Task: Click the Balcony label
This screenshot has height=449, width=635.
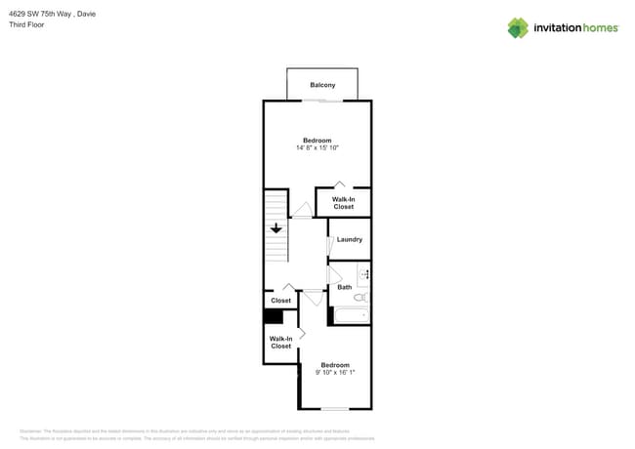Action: pyautogui.click(x=322, y=85)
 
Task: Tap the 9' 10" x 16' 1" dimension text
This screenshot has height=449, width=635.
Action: pyautogui.click(x=334, y=372)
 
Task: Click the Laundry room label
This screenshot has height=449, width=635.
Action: pyautogui.click(x=349, y=239)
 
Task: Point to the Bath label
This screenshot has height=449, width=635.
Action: pyautogui.click(x=344, y=287)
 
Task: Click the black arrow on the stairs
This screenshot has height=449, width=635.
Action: pyautogui.click(x=276, y=227)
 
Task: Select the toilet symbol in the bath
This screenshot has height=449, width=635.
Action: pyautogui.click(x=360, y=297)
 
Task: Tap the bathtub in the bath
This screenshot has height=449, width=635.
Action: pyautogui.click(x=351, y=315)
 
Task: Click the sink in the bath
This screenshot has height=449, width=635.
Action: pyautogui.click(x=363, y=275)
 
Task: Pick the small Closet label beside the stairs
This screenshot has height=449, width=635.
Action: pyautogui.click(x=280, y=301)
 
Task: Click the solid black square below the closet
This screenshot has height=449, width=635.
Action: pyautogui.click(x=273, y=316)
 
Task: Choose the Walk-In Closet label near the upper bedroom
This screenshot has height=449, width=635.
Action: pyautogui.click(x=343, y=203)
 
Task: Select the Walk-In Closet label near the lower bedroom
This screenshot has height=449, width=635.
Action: pyautogui.click(x=280, y=343)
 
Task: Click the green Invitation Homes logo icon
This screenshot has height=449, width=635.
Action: pyautogui.click(x=518, y=27)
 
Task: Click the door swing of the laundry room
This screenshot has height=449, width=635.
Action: pyautogui.click(x=330, y=247)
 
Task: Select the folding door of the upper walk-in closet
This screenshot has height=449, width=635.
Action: pyautogui.click(x=339, y=184)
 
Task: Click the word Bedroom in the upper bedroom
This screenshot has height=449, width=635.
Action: pyautogui.click(x=317, y=141)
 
